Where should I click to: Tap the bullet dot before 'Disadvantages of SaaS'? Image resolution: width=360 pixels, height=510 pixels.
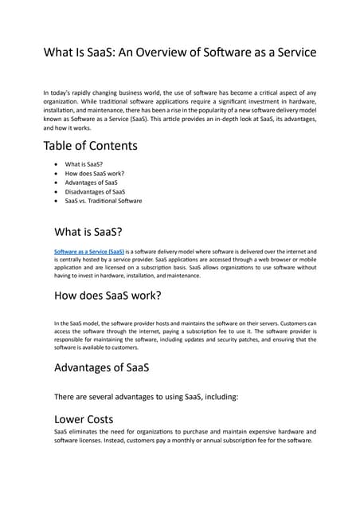click(x=54, y=192)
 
